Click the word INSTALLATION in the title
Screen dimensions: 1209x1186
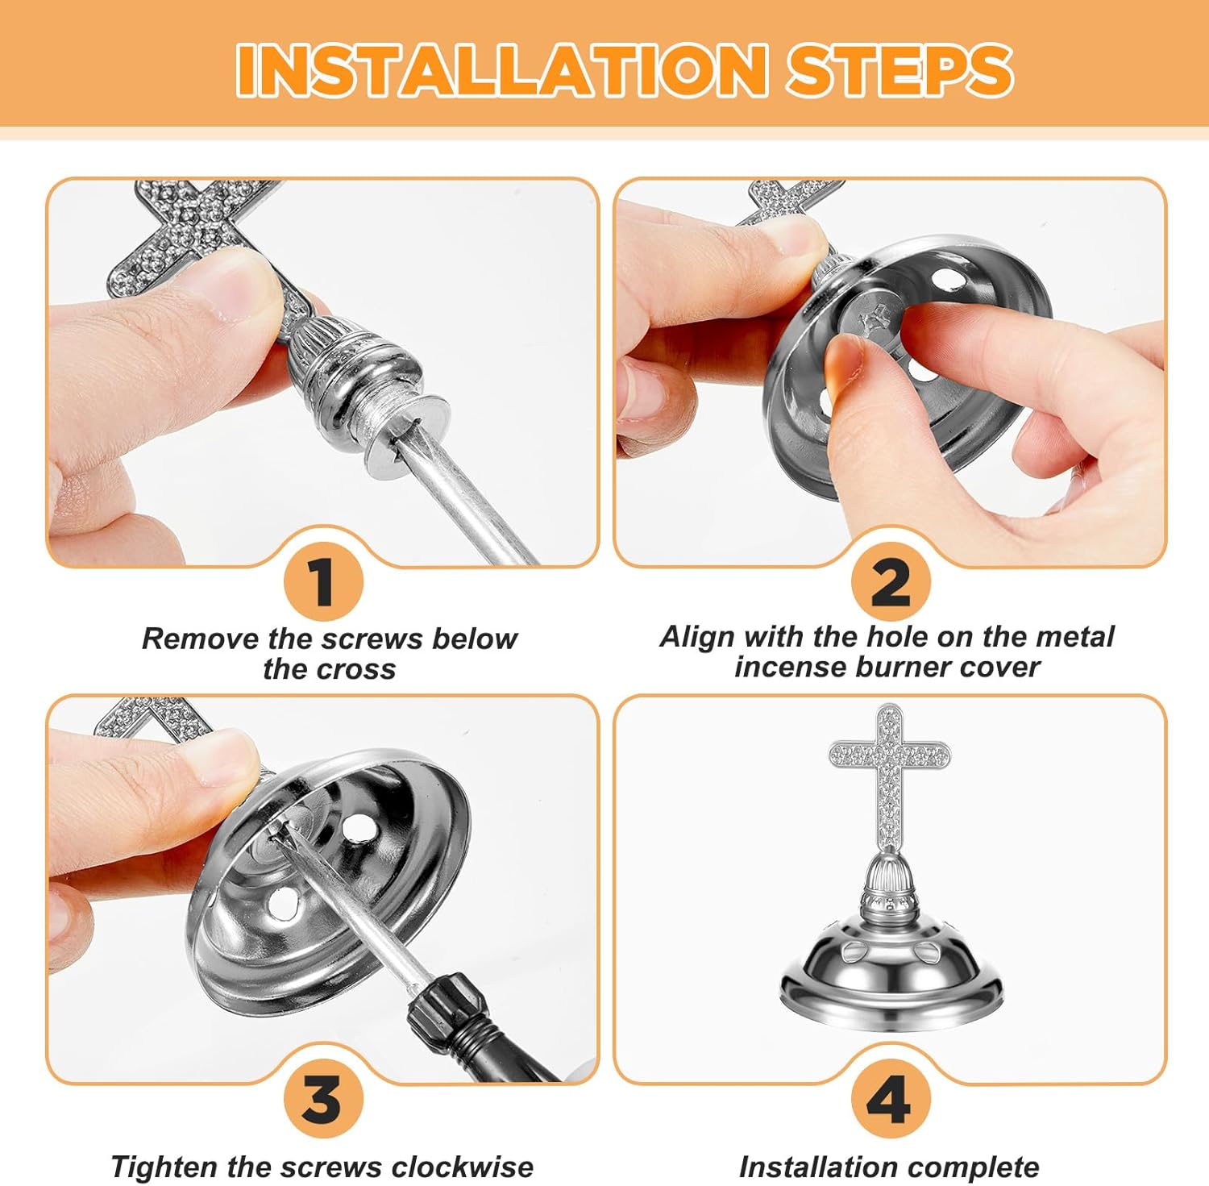coord(501,69)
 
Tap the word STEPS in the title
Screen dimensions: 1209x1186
coord(899,69)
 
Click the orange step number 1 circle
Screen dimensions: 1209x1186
coord(323,582)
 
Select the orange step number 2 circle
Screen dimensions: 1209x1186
coord(891,582)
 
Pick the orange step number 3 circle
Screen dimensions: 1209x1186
coord(323,1099)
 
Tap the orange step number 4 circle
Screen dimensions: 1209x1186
coord(891,1099)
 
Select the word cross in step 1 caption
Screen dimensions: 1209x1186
coord(354,669)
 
